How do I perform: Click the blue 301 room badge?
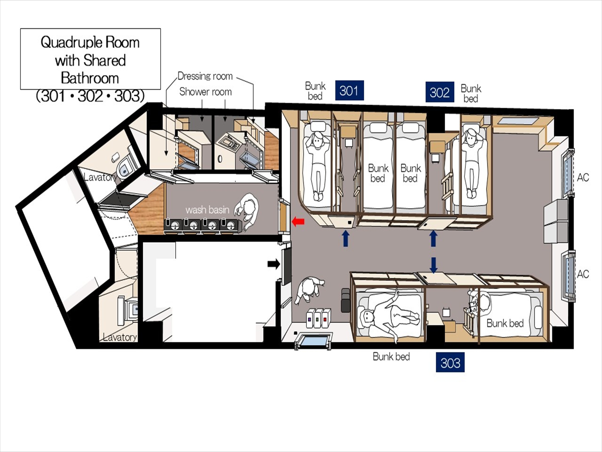click(x=350, y=90)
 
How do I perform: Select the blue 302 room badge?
click(x=440, y=92)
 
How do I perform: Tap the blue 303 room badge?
click(x=450, y=362)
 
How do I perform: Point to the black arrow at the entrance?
click(x=274, y=264)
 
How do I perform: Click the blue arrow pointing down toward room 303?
click(x=433, y=265)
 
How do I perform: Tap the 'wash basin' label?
click(x=207, y=210)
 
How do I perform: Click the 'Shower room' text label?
click(x=205, y=92)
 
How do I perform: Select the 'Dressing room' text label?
click(x=205, y=76)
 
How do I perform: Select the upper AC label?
click(x=583, y=177)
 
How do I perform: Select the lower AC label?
click(x=583, y=274)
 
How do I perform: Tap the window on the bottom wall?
click(x=313, y=341)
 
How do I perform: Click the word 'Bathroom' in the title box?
click(x=90, y=78)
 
